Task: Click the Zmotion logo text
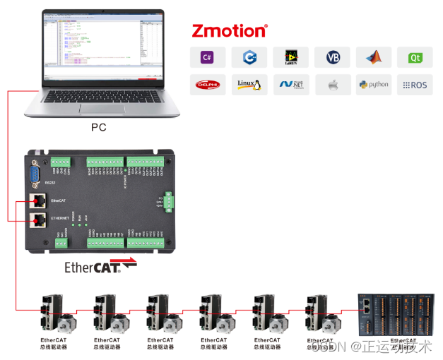coord(230,30)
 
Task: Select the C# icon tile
coord(207,58)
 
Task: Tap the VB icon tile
coord(332,58)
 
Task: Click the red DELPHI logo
coord(207,85)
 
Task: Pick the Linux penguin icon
coord(249,85)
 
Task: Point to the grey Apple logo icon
coord(332,85)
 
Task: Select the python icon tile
coord(374,85)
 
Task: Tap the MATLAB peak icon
coord(374,58)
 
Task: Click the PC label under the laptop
coord(99,128)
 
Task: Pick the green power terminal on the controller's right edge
coord(169,203)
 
